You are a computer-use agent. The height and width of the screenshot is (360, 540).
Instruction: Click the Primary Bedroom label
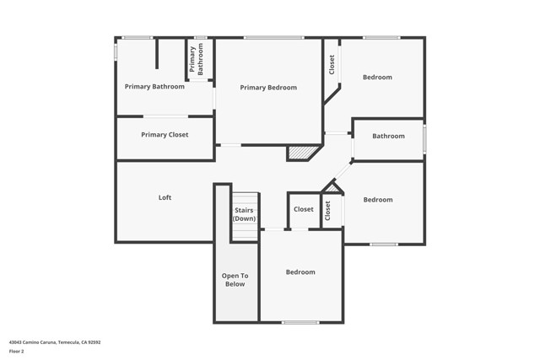pyautogui.click(x=268, y=88)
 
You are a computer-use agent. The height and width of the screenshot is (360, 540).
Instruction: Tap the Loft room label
pyautogui.click(x=165, y=197)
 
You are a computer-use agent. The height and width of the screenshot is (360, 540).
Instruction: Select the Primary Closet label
pyautogui.click(x=165, y=135)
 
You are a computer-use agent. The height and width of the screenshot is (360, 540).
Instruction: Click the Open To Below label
pyautogui.click(x=235, y=279)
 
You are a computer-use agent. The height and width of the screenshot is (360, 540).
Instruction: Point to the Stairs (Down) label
pyautogui.click(x=245, y=214)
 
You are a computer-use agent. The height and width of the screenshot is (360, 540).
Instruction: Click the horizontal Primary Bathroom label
pyautogui.click(x=154, y=86)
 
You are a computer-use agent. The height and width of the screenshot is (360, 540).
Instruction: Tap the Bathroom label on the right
pyautogui.click(x=388, y=136)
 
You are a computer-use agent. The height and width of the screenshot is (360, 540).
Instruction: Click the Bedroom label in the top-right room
pyautogui.click(x=377, y=78)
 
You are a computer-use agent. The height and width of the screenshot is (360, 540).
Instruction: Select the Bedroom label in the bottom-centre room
pyautogui.click(x=300, y=272)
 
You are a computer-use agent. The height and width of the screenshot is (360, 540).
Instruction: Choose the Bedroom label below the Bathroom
pyautogui.click(x=378, y=200)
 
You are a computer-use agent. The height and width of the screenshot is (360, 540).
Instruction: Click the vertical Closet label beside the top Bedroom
pyautogui.click(x=332, y=64)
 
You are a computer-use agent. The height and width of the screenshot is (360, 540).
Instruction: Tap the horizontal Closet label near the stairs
pyautogui.click(x=303, y=209)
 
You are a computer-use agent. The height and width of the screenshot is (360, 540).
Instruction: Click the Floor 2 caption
pyautogui.click(x=16, y=351)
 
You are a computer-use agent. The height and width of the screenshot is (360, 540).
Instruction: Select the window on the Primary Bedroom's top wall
pyautogui.click(x=273, y=37)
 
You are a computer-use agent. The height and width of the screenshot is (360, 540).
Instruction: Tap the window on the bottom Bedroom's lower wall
pyautogui.click(x=300, y=323)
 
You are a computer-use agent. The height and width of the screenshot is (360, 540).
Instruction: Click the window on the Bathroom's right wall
pyautogui.click(x=424, y=139)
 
